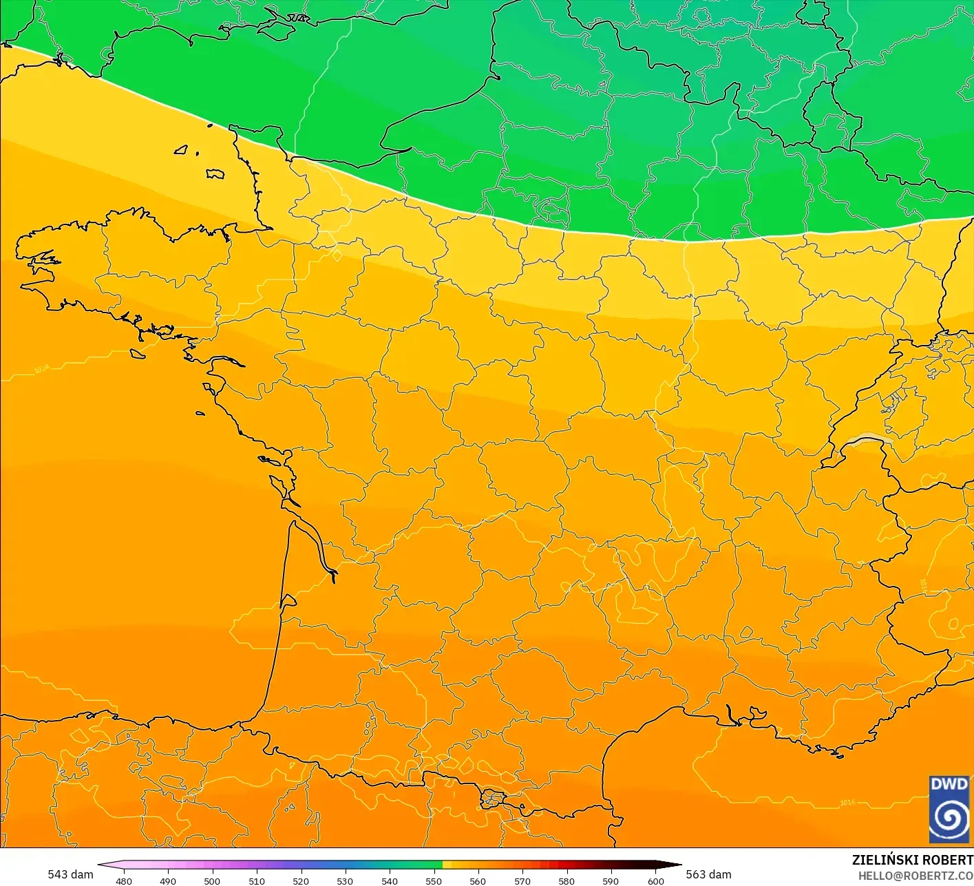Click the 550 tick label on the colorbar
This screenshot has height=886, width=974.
click(x=433, y=880)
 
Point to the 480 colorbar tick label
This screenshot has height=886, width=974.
click(x=124, y=880)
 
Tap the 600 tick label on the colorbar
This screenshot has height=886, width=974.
click(x=655, y=880)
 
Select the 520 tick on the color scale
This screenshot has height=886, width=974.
click(x=301, y=880)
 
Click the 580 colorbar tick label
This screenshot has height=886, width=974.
click(x=567, y=880)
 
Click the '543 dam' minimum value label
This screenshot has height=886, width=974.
click(x=70, y=874)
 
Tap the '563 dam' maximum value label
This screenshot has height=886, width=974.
click(x=708, y=874)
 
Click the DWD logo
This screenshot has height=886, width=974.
click(x=949, y=809)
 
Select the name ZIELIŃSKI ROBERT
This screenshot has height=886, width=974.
click(x=912, y=860)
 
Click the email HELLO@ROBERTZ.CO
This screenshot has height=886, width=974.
click(x=915, y=875)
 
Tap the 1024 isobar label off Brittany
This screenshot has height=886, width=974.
click(x=41, y=370)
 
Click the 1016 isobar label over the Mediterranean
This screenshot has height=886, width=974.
click(x=847, y=802)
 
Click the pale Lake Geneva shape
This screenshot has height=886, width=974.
click(x=869, y=439)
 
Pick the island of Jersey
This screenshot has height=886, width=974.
click(x=215, y=173)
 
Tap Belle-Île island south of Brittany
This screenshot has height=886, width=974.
click(x=138, y=353)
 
